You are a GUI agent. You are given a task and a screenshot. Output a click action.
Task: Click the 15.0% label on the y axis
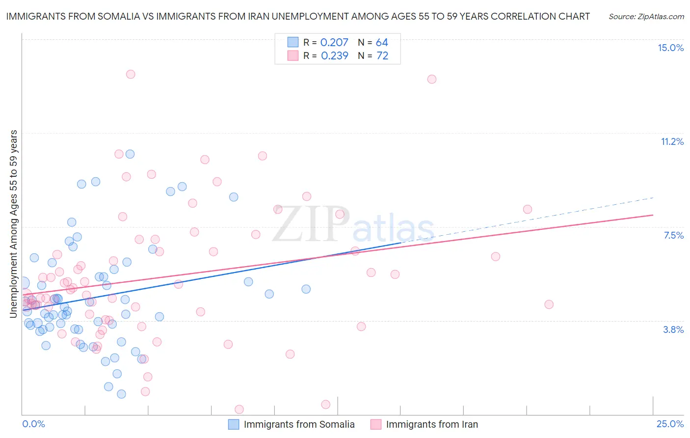click(670, 48)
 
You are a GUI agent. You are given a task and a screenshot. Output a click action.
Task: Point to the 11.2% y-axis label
click(672, 141)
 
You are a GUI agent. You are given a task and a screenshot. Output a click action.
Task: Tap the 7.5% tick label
click(673, 235)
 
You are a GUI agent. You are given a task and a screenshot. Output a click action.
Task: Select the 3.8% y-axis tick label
click(673, 329)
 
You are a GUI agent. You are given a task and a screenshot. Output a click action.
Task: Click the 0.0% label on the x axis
click(33, 424)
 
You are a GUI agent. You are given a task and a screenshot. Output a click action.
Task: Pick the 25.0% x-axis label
click(670, 424)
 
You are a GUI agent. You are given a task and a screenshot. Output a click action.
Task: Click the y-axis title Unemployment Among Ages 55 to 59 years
click(14, 223)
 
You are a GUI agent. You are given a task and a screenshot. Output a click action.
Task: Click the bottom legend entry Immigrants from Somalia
click(299, 424)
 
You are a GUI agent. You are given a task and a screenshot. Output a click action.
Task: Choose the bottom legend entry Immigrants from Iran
click(432, 424)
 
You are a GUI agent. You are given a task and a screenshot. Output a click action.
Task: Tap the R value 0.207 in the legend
click(334, 43)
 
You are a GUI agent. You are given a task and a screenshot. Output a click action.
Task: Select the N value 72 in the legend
click(382, 56)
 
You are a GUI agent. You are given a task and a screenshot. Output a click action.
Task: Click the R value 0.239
click(335, 56)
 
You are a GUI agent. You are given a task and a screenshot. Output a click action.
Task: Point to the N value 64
click(382, 43)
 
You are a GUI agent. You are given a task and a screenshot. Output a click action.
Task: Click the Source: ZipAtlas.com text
click(646, 17)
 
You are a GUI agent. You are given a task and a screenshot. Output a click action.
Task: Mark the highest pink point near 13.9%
click(131, 74)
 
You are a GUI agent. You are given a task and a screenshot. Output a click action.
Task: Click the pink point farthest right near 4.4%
click(549, 304)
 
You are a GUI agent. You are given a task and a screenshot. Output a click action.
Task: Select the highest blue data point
click(130, 154)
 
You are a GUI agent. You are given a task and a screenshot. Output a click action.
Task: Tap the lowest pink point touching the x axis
click(239, 410)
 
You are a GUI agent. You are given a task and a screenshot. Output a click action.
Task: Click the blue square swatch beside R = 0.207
click(293, 42)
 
